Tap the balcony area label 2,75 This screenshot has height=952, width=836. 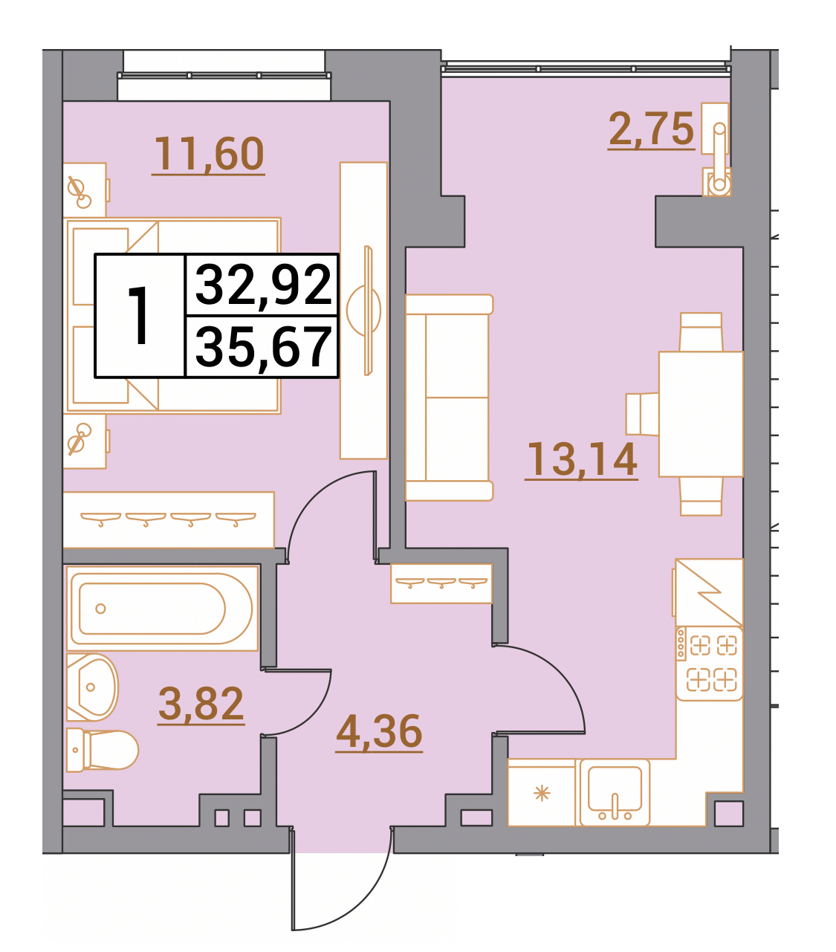pyautogui.click(x=651, y=129)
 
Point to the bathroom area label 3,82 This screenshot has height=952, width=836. pyautogui.click(x=201, y=703)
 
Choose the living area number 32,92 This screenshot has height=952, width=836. pyautogui.click(x=263, y=285)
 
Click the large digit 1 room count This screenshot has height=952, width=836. pyautogui.click(x=140, y=315)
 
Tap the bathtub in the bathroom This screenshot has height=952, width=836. pyautogui.click(x=163, y=609)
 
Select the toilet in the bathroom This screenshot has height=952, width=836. pyautogui.click(x=103, y=749)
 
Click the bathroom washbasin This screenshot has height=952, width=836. pyautogui.click(x=92, y=687)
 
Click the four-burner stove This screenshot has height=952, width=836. pyautogui.click(x=709, y=664)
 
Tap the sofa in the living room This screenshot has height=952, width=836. pyautogui.click(x=450, y=398)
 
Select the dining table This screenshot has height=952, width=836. pyautogui.click(x=701, y=414)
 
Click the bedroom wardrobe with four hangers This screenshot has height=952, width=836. pyautogui.click(x=169, y=519)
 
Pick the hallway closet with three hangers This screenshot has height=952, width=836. pyautogui.click(x=441, y=583)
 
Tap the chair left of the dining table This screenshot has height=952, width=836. pyautogui.click(x=642, y=414)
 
